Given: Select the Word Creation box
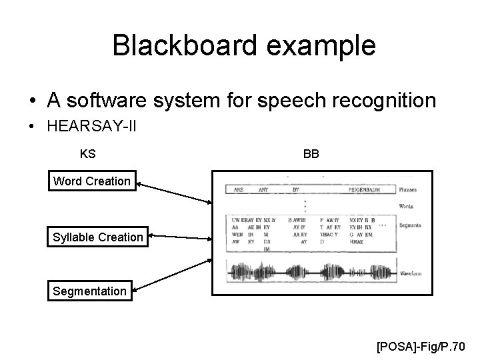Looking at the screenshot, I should (x=92, y=181).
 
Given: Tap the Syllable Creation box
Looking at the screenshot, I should (x=98, y=237).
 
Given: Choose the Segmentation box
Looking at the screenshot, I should (x=89, y=291).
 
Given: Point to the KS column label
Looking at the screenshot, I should (x=87, y=154).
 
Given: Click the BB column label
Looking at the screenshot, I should (x=311, y=154).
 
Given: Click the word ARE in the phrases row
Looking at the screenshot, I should (x=238, y=190).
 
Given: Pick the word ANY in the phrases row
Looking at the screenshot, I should (x=265, y=190).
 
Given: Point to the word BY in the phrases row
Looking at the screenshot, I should (x=295, y=190).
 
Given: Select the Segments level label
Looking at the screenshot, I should (x=410, y=226).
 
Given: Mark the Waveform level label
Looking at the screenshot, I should (x=411, y=274).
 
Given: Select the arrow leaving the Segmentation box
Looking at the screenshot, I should (x=173, y=275).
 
